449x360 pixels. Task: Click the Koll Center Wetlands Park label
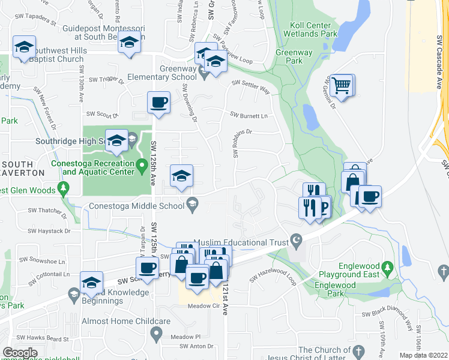pyautogui.click(x=310, y=30)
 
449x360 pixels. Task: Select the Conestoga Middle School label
pyautogui.click(x=137, y=206)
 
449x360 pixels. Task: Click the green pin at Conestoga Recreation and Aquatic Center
pyautogui.click(x=142, y=164)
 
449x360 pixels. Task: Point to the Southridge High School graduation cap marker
pyautogui.click(x=116, y=141)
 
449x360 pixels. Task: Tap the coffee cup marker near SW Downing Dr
pyautogui.click(x=159, y=103)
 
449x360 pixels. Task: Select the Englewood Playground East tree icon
pyautogui.click(x=388, y=266)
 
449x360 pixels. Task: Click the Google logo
pyautogui.click(x=20, y=353)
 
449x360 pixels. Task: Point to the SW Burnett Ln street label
pyautogui.click(x=249, y=115)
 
